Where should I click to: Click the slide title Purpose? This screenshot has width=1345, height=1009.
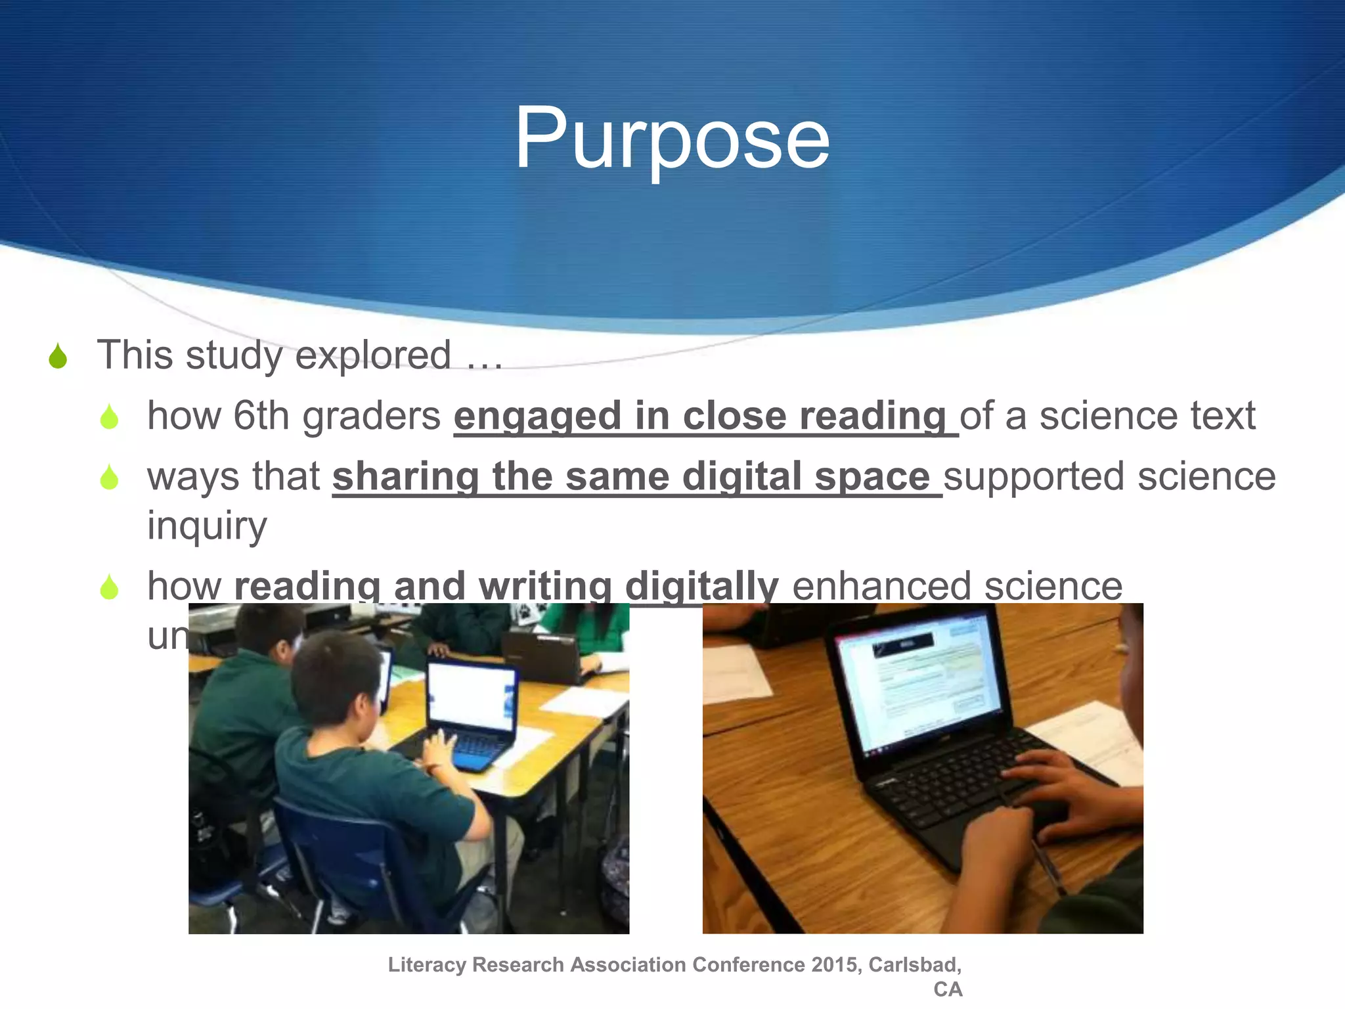point(671,139)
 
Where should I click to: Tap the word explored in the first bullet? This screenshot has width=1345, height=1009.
point(372,355)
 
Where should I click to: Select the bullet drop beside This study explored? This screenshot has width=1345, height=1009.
point(58,357)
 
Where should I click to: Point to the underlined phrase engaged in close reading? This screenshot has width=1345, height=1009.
point(700,416)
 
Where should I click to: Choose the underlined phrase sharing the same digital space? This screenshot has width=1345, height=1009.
point(630,476)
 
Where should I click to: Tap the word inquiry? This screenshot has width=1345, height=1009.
point(207,526)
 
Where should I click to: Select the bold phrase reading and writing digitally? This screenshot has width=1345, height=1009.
point(506,585)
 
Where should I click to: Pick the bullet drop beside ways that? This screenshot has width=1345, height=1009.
point(109,478)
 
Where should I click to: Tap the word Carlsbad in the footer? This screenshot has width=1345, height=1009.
point(913,964)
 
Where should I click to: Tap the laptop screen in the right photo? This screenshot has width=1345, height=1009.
point(919,683)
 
